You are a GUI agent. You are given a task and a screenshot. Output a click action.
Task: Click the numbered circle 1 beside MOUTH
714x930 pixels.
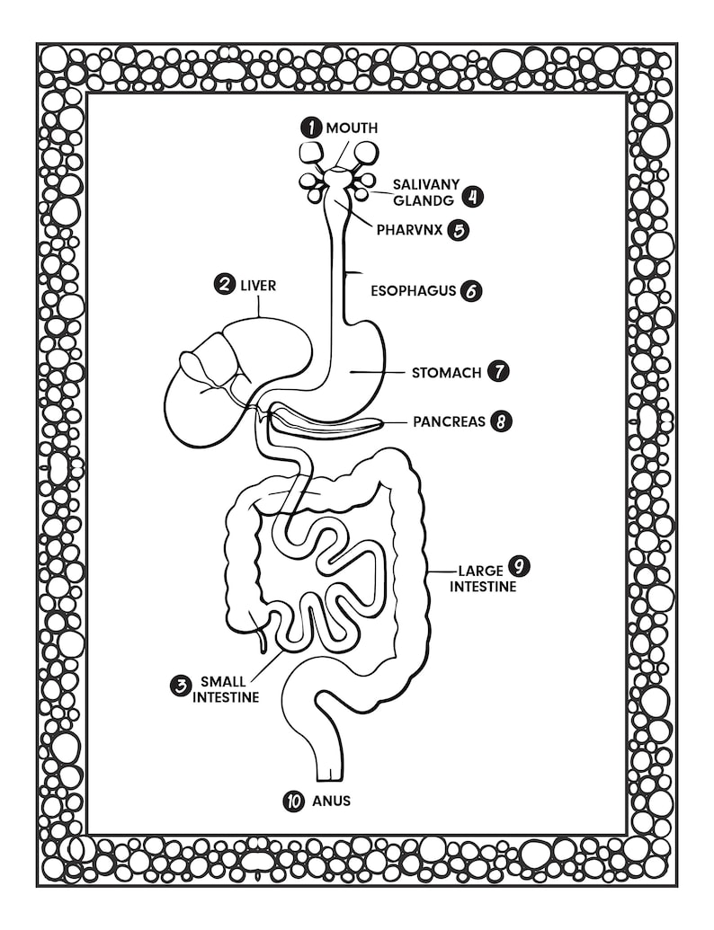coord(312,128)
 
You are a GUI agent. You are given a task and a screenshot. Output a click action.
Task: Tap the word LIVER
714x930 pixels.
coord(258,286)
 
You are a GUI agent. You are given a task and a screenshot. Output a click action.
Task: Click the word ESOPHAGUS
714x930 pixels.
coord(414,291)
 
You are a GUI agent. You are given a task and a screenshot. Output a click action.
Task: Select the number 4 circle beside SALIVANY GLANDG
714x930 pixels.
coord(469,196)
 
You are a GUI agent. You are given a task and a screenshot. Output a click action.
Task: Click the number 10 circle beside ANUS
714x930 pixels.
coord(293,801)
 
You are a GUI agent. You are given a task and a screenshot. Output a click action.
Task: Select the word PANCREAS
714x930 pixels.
coord(449,421)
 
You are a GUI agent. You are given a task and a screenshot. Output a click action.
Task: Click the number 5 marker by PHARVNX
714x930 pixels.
coord(460,230)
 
